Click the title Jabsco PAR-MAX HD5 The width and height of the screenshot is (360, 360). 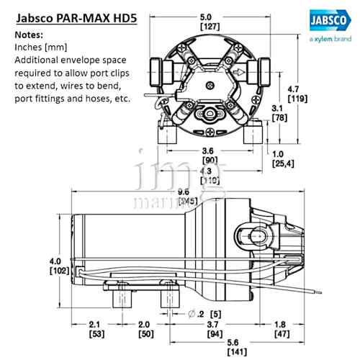pos(69,15)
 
